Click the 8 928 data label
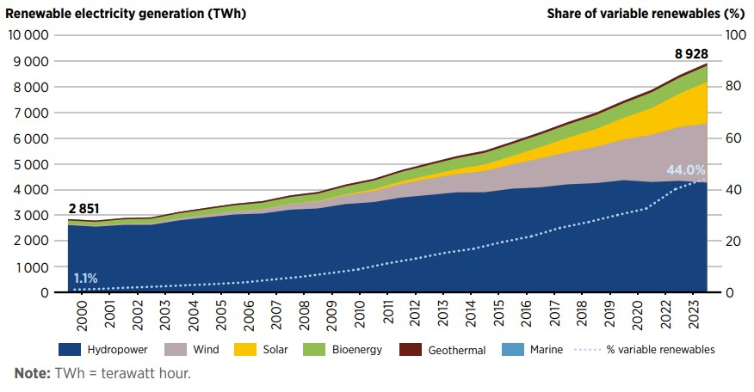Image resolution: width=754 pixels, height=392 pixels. click(x=691, y=53)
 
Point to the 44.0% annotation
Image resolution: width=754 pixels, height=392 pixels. click(x=685, y=170)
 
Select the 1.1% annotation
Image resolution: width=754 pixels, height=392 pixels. click(x=85, y=279)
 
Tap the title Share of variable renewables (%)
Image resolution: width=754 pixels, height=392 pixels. click(x=646, y=12)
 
